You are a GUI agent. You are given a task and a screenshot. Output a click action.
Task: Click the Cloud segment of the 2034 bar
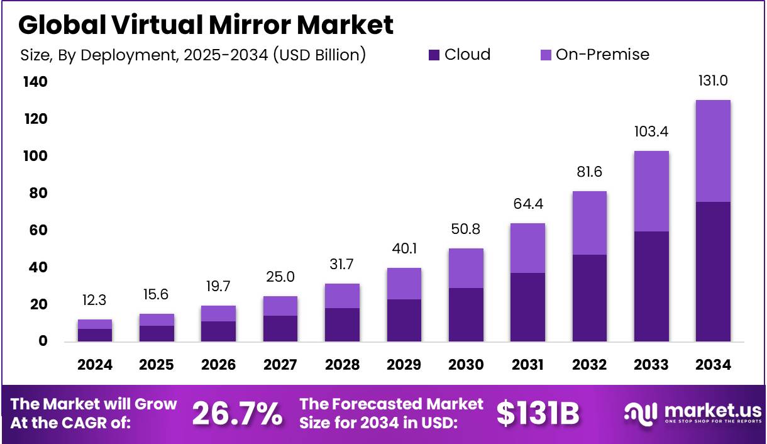(713, 272)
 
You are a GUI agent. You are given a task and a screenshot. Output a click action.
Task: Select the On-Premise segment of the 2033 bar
(651, 191)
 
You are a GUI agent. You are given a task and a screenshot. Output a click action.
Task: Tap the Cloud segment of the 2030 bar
(466, 314)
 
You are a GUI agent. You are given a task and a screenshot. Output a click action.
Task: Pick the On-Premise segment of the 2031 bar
(527, 248)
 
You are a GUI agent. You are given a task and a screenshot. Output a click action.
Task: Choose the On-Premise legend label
(602, 55)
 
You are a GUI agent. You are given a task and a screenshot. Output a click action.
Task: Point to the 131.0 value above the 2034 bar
(713, 80)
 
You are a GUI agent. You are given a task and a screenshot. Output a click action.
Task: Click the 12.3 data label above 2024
(95, 300)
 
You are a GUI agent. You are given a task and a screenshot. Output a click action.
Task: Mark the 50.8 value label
(466, 229)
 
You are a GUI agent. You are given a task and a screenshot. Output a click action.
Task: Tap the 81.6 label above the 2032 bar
(589, 172)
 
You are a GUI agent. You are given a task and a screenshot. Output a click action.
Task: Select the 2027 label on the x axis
(280, 365)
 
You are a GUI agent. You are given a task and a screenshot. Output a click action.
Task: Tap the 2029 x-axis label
(404, 365)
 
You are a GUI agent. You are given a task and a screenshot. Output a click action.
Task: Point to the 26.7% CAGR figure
(236, 413)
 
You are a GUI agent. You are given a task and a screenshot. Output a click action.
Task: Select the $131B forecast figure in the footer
(538, 413)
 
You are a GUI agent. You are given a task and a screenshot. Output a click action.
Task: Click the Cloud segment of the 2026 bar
(219, 331)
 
